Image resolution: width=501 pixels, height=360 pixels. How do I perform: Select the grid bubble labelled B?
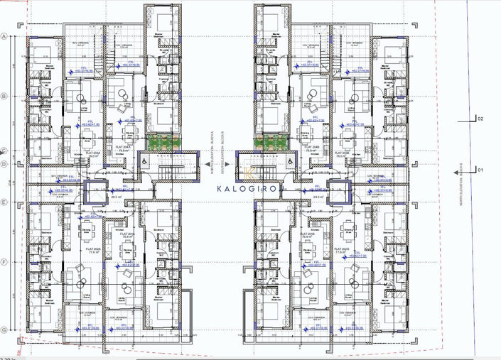[x=4, y=96]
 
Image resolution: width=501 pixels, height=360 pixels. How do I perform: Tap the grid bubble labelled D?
[x=4, y=165]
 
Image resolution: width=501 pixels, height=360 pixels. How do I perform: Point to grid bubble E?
[x=4, y=202]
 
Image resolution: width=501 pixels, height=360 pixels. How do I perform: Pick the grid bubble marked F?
[x=4, y=262]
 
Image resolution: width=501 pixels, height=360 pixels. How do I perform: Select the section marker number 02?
[x=480, y=119]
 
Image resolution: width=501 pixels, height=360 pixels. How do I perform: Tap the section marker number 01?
[x=480, y=170]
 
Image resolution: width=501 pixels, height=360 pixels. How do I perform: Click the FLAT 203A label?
[x=92, y=152]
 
